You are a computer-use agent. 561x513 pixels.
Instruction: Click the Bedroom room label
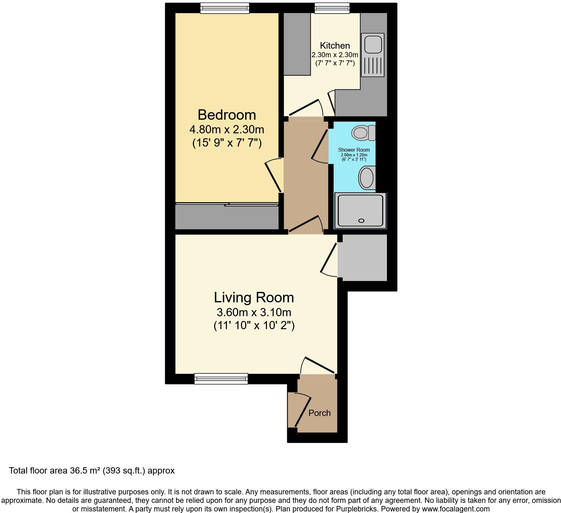pyautogui.click(x=227, y=115)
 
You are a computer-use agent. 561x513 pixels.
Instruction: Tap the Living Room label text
pyautogui.click(x=254, y=298)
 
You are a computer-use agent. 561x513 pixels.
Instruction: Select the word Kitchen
pyautogui.click(x=335, y=45)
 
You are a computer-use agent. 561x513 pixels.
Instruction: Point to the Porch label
pyautogui.click(x=319, y=413)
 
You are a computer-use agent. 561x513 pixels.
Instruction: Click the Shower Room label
pyautogui.click(x=354, y=150)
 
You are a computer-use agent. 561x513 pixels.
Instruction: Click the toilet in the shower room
pyautogui.click(x=362, y=133)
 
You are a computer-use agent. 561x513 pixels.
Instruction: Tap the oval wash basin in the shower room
pyautogui.click(x=366, y=178)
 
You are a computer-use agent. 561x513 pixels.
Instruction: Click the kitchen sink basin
pyautogui.click(x=373, y=44)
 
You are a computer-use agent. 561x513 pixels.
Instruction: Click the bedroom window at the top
pyautogui.click(x=225, y=8)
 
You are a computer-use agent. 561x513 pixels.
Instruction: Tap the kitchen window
pyautogui.click(x=332, y=8)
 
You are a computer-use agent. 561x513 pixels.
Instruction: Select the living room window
pyautogui.click(x=221, y=378)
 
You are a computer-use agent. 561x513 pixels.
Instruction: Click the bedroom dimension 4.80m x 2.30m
pyautogui.click(x=227, y=130)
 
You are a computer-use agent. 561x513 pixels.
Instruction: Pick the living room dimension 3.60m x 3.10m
pyautogui.click(x=254, y=312)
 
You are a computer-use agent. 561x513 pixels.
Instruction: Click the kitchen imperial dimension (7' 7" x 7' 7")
pyautogui.click(x=335, y=63)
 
